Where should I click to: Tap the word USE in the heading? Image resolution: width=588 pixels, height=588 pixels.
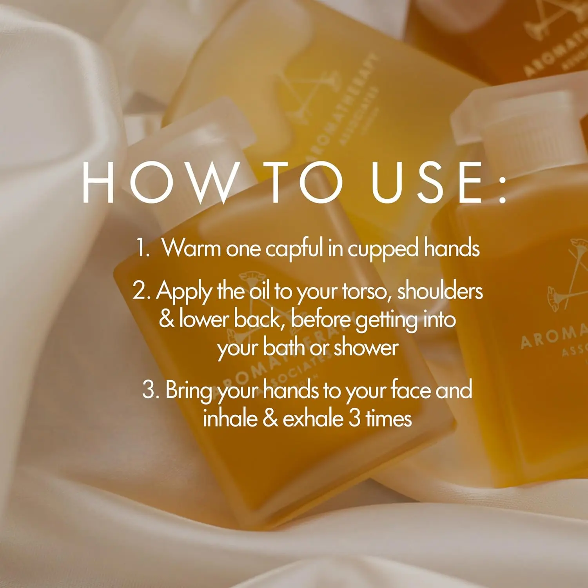[x=427, y=183]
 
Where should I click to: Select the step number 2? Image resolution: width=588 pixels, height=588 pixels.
[x=140, y=291]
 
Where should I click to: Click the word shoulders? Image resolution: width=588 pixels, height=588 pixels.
[x=440, y=291]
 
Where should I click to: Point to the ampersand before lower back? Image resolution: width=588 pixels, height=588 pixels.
[x=166, y=319]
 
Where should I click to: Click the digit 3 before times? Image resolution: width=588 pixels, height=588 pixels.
[x=354, y=418]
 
